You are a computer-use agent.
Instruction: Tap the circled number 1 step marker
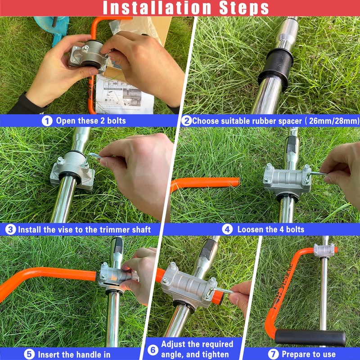click(x=47, y=121)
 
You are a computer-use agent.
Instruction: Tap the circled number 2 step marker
click(x=186, y=121)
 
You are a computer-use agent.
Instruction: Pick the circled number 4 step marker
click(x=228, y=229)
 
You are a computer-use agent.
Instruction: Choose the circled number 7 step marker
click(x=274, y=354)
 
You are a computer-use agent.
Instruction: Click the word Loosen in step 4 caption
click(x=251, y=229)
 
